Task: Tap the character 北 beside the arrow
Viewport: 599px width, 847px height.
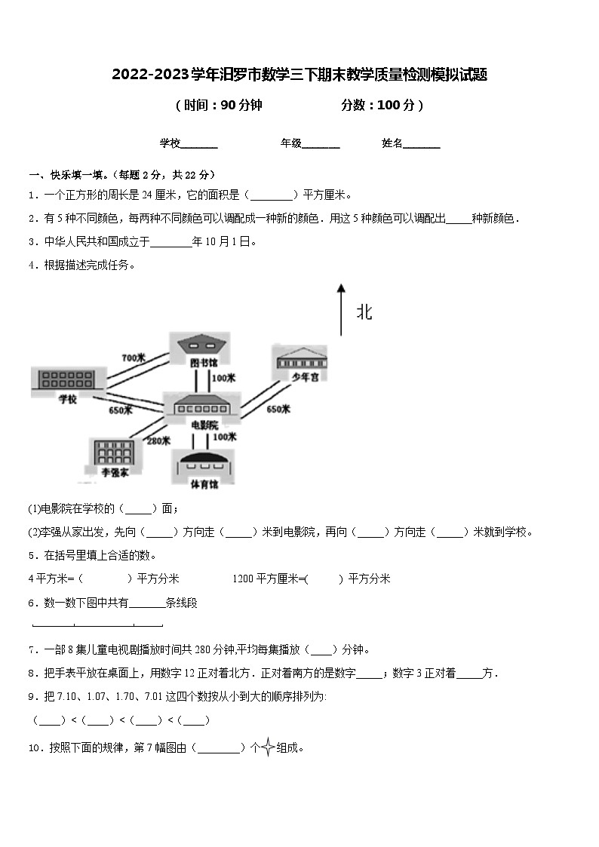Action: (x=364, y=312)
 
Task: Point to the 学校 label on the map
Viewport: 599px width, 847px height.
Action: (x=67, y=400)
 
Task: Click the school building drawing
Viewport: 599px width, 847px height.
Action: (x=66, y=379)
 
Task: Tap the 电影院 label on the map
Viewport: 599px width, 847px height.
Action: (x=204, y=425)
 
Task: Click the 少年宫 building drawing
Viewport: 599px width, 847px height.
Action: (x=301, y=357)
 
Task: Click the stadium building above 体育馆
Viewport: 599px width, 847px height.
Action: (x=203, y=462)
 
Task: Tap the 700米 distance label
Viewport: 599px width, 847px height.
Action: (x=133, y=357)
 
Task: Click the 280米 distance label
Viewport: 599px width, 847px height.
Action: (x=158, y=441)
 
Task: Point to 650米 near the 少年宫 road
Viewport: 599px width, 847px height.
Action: (x=278, y=410)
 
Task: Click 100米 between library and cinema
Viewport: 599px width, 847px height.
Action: (x=224, y=378)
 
